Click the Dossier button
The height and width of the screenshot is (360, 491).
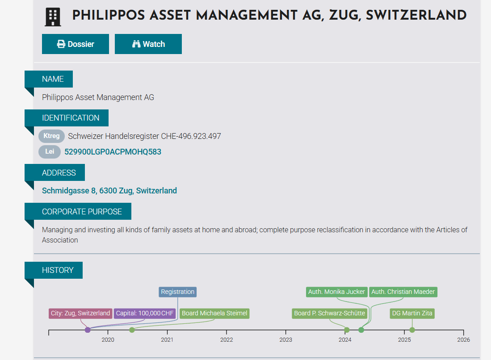point(76,44)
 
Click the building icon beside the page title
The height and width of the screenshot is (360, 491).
point(53,17)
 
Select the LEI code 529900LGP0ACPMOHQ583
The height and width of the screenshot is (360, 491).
point(113,152)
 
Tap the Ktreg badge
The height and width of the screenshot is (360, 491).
point(51,136)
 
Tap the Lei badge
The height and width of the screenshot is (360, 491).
point(50,152)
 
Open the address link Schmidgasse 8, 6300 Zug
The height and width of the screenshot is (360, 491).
point(109,191)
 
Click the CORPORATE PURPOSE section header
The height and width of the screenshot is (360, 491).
point(82,212)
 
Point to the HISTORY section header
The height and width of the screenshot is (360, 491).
point(58,270)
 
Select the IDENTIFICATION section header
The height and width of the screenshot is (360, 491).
point(71,118)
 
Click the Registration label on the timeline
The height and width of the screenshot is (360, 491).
point(178,292)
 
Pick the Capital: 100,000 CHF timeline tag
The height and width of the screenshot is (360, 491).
point(145,314)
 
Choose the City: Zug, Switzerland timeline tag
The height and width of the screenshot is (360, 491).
point(80,314)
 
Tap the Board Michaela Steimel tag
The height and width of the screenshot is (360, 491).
point(214,314)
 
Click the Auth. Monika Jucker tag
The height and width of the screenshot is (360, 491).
point(336,292)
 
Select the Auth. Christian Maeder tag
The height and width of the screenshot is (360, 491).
point(403,292)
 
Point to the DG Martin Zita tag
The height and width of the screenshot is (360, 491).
point(412,314)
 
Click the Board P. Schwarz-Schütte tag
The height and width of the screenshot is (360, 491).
point(329,314)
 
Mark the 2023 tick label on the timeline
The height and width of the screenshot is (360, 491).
point(285,340)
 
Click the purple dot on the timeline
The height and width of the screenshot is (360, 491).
point(88,330)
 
